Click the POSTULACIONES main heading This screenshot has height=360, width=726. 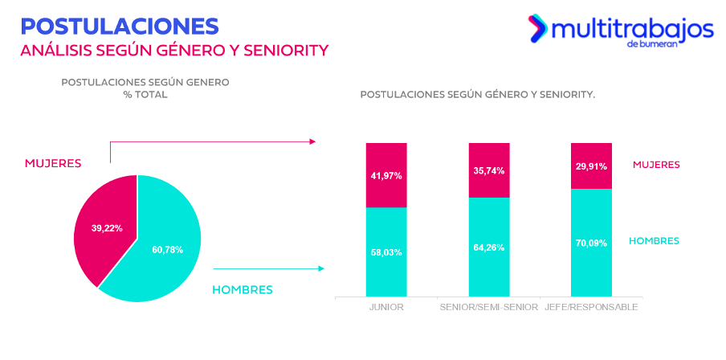pyautogui.click(x=120, y=25)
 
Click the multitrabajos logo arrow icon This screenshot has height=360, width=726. pyautogui.click(x=536, y=28)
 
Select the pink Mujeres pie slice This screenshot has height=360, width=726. pyautogui.click(x=100, y=225)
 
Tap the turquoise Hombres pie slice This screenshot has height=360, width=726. pyautogui.click(x=165, y=257)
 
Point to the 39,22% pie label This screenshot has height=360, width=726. pyautogui.click(x=107, y=228)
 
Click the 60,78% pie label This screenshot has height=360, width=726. pyautogui.click(x=167, y=250)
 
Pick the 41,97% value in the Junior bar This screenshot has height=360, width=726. pyautogui.click(x=386, y=175)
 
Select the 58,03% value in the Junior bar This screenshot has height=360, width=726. pyautogui.click(x=386, y=252)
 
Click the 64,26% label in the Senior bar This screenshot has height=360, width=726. pyautogui.click(x=489, y=247)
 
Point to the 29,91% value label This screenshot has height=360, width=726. pyautogui.click(x=591, y=166)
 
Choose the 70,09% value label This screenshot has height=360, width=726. pyautogui.click(x=591, y=243)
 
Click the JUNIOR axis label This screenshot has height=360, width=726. pyautogui.click(x=386, y=308)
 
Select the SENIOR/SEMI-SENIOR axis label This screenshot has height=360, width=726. pyautogui.click(x=489, y=308)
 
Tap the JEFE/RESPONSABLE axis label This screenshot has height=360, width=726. pyautogui.click(x=591, y=308)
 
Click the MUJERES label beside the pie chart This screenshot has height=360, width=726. pyautogui.click(x=53, y=163)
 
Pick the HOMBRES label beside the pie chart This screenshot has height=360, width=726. pyautogui.click(x=243, y=289)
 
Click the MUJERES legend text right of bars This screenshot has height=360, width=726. pyautogui.click(x=656, y=165)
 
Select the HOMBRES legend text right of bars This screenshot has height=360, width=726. pyautogui.click(x=654, y=241)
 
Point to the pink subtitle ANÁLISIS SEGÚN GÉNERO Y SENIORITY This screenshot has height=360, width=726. pyautogui.click(x=174, y=51)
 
